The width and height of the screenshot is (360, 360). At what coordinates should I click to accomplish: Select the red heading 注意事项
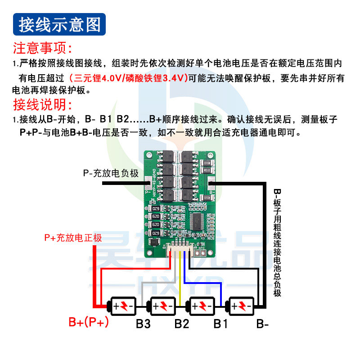pos(43,48)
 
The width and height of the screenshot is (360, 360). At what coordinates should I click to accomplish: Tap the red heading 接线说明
pos(43,105)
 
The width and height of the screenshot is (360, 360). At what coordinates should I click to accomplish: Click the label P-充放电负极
pos(110,173)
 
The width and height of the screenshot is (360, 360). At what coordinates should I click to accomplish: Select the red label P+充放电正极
pos(73,238)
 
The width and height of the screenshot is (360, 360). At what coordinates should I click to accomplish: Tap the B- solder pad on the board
pos(211,183)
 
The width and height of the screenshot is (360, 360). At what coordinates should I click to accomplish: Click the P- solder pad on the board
pos(149,183)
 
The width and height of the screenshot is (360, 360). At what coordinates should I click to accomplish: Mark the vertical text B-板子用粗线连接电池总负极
pos(277,243)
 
